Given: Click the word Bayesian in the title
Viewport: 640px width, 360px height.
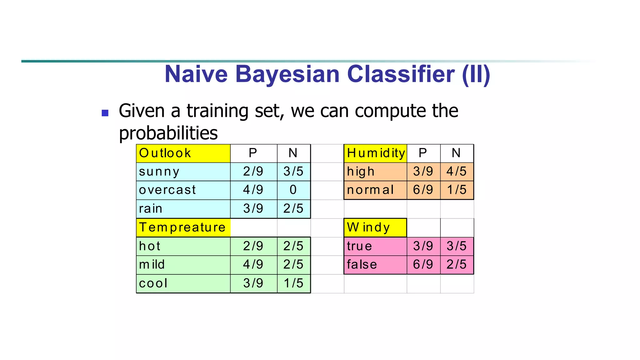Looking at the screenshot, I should click(287, 74).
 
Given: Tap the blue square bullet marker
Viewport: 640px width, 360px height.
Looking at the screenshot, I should click(105, 113).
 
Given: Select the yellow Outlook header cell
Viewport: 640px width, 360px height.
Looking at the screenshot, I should click(183, 153).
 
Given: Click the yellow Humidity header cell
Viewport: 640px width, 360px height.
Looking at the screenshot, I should click(375, 153).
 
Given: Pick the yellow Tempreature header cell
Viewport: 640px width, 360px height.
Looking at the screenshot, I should click(183, 227).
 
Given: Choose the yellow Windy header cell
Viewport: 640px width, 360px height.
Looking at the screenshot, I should click(375, 227).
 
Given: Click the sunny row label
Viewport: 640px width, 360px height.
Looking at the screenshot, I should click(159, 172).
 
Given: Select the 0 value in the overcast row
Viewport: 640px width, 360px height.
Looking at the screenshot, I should click(293, 190).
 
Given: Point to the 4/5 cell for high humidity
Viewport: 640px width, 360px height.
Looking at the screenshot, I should click(457, 172).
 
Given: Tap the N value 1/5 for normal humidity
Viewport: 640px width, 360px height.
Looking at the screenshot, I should click(457, 190).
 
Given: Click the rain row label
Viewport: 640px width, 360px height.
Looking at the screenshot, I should click(151, 209).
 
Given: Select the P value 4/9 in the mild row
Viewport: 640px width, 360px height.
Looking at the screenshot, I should click(253, 265).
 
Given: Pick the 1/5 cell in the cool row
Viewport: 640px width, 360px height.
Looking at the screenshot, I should click(293, 283).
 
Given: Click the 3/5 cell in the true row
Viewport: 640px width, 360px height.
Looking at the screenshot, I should click(457, 246).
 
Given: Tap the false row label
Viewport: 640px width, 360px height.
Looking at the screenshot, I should click(362, 265).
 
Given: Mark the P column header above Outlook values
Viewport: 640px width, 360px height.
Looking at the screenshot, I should click(253, 153).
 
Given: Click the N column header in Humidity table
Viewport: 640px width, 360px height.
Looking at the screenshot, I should click(456, 153).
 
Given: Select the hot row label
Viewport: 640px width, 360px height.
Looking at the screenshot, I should click(150, 246).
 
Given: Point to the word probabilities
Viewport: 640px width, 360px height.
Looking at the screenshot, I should click(168, 133).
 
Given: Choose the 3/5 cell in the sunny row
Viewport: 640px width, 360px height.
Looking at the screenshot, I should click(293, 172).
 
